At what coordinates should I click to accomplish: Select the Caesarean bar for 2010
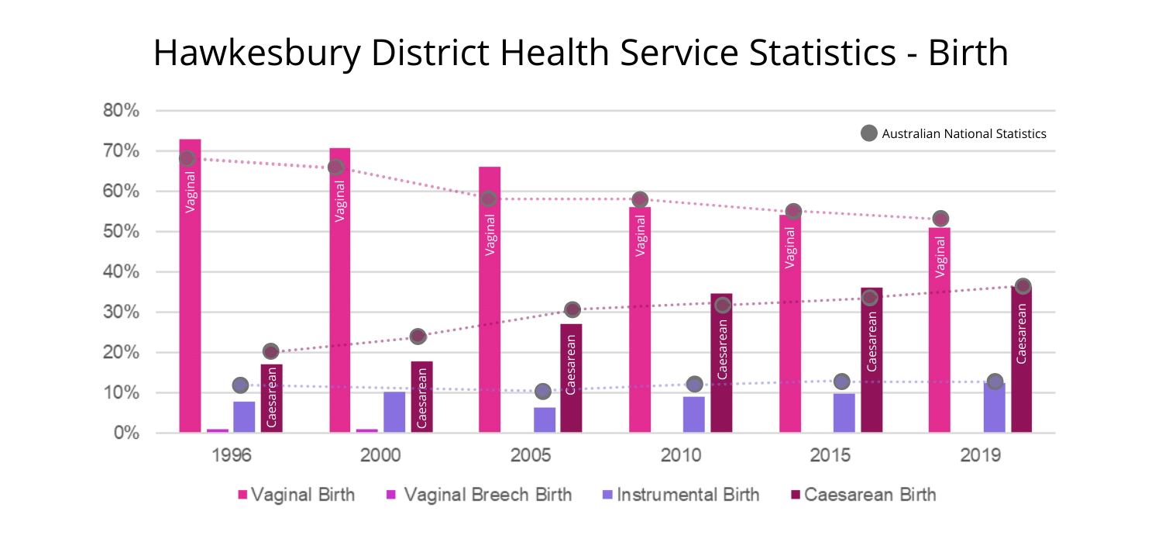(x=721, y=364)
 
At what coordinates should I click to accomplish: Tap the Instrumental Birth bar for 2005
(x=545, y=420)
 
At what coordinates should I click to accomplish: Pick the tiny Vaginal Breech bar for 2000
(x=367, y=430)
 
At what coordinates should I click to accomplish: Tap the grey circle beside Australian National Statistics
(x=870, y=133)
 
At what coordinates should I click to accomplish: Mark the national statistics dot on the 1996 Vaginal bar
(x=187, y=158)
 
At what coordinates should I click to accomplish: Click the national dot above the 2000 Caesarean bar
(x=418, y=337)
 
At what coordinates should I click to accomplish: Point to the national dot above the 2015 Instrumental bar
(x=842, y=382)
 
